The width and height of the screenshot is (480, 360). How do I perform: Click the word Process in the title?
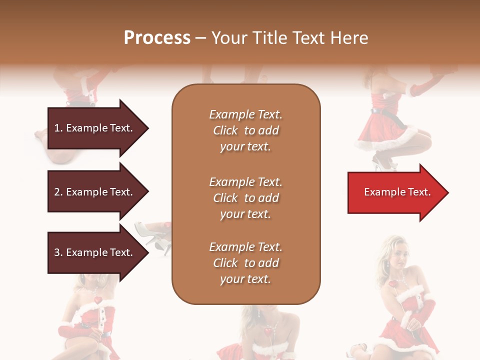point(157,38)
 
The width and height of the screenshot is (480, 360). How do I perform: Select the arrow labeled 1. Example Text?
point(95,128)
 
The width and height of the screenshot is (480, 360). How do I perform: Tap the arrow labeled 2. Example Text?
point(95,192)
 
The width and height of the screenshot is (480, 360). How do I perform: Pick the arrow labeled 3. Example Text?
point(95,252)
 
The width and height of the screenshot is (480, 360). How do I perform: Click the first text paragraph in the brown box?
point(245,130)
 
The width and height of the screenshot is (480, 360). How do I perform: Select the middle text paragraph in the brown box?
point(245,198)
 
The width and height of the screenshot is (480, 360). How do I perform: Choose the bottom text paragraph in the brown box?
point(245,263)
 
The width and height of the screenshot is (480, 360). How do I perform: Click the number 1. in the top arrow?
point(58,128)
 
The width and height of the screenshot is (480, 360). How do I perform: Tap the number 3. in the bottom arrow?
point(58,252)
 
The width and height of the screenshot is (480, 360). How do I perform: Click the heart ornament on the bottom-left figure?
point(98,301)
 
